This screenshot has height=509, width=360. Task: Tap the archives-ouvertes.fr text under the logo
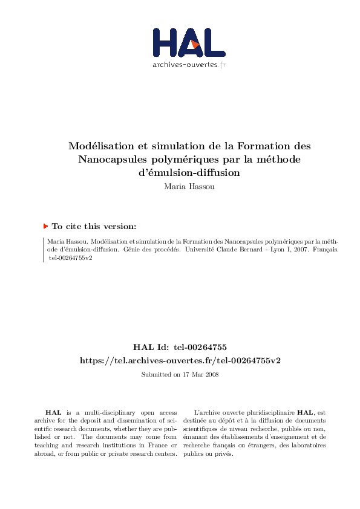(x=188, y=65)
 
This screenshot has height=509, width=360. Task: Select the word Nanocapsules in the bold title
(x=111, y=160)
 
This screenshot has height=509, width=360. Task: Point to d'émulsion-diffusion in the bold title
(x=189, y=172)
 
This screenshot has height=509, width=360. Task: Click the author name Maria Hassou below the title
(x=189, y=186)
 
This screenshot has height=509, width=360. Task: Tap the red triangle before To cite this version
(x=45, y=226)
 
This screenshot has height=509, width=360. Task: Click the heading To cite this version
(x=94, y=226)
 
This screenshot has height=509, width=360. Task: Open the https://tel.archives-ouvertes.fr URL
(x=180, y=360)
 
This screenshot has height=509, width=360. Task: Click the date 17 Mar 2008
(x=200, y=374)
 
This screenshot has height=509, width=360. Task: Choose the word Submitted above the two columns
(x=155, y=374)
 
